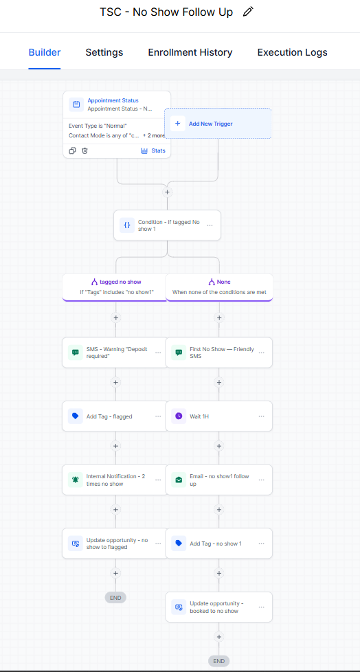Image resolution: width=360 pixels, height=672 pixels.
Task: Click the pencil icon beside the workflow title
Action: coord(248,12)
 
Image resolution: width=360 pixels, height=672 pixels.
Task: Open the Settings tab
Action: coord(104,52)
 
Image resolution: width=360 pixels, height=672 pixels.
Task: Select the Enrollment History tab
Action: coord(190,52)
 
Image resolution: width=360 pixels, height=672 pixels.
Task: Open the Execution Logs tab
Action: coord(292,52)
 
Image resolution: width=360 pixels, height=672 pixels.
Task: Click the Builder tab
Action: coord(45,52)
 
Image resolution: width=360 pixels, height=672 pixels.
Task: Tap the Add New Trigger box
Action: coord(218,124)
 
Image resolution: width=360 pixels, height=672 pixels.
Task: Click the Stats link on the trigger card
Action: coord(153,151)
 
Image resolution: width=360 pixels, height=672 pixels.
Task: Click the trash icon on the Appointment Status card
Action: coord(85,151)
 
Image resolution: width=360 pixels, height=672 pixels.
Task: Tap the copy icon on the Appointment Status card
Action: coord(72,151)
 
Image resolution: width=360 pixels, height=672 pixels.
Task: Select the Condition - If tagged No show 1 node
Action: coord(167,225)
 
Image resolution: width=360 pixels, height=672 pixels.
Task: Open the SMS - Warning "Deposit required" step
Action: coord(115,352)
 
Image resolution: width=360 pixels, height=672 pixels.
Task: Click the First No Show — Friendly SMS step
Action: coord(219,352)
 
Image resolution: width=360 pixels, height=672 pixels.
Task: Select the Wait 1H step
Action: coord(219,416)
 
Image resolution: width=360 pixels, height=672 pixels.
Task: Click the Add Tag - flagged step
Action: coord(115,416)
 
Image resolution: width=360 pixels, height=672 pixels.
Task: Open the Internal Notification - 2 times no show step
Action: coord(115,480)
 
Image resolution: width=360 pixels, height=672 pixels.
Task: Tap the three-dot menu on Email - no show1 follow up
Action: coord(262,480)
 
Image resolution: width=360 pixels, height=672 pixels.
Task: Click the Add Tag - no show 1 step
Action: coord(219,544)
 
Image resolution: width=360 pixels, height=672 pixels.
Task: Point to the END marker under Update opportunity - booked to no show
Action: coord(219,661)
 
